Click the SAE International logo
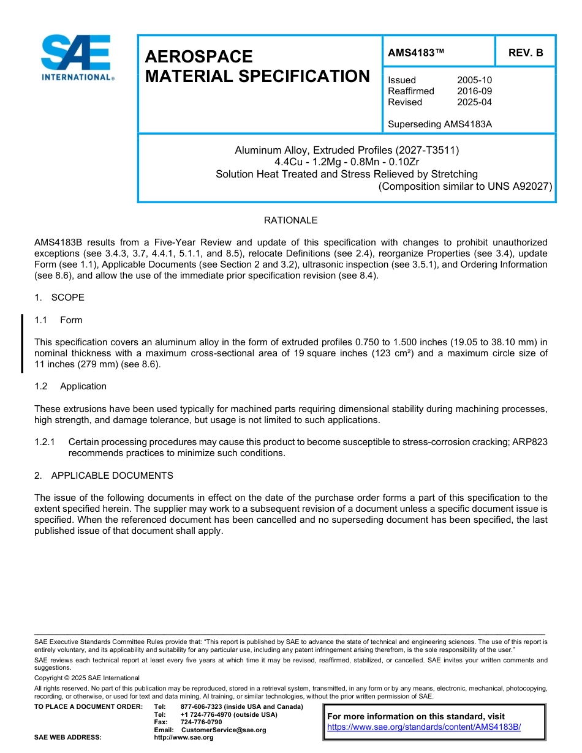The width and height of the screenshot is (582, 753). pos(77,58)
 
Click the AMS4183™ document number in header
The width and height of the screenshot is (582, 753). pos(416,53)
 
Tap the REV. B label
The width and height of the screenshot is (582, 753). pos(526,53)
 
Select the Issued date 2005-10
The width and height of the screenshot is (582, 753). pos(474,80)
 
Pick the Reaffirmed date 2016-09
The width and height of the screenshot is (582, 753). pos(474,91)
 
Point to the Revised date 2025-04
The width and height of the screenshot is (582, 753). pos(474,102)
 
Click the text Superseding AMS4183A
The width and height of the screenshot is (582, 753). pos(440,124)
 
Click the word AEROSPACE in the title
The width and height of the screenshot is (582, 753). pos(198,57)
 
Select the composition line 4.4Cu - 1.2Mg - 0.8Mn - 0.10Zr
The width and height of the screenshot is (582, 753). pos(347,162)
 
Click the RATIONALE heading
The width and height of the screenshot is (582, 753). pos(290,220)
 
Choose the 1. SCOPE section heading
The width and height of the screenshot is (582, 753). pos(59,298)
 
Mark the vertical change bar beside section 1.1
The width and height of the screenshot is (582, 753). pos(22,343)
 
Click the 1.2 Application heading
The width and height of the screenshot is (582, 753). pos(70,386)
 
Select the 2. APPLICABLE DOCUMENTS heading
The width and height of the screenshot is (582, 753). pos(104,476)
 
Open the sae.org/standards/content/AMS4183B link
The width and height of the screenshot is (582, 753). pos(424,727)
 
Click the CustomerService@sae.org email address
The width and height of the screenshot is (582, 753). pos(224,730)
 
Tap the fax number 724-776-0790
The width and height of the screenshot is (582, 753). pos(201,722)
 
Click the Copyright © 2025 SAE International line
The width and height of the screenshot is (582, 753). pos(87,678)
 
